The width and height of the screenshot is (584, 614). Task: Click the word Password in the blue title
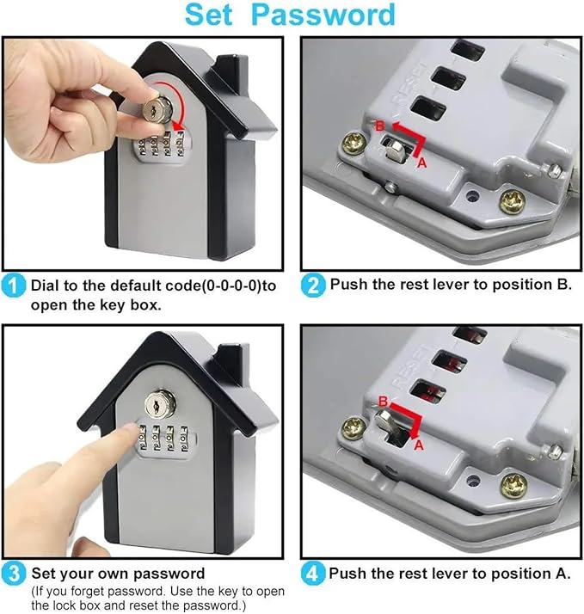click(323, 15)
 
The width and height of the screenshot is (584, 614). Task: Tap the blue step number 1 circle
click(13, 286)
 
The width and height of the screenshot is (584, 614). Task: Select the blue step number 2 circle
click(313, 286)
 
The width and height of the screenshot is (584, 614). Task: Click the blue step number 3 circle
click(13, 574)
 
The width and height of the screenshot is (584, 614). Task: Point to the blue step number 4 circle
click(312, 574)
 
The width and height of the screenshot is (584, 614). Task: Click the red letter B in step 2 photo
click(380, 126)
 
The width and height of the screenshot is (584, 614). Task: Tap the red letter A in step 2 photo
click(421, 163)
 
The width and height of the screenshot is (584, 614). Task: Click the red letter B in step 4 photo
click(383, 402)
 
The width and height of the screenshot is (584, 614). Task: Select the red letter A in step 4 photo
click(419, 445)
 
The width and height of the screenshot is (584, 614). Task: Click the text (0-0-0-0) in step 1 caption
click(231, 286)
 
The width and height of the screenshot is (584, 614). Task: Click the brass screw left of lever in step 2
click(354, 144)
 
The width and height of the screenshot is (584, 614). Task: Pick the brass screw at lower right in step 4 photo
click(513, 486)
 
